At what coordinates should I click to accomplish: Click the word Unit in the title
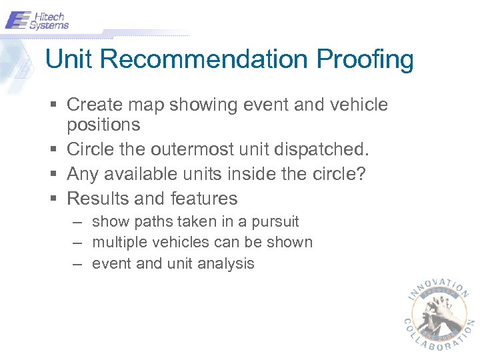[x=70, y=60]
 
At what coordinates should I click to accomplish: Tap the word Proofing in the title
[x=365, y=60]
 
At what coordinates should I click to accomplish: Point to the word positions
[x=103, y=125]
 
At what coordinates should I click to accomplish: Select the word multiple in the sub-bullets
[x=117, y=243]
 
